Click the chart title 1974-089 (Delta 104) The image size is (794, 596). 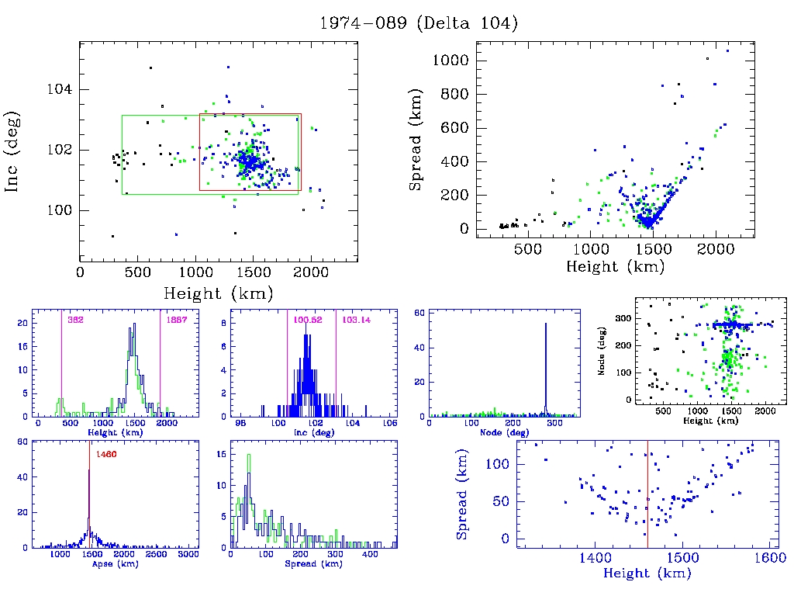click(419, 23)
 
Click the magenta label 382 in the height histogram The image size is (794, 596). click(75, 319)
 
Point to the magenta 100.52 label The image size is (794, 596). click(307, 319)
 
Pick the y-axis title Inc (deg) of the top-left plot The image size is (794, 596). click(13, 151)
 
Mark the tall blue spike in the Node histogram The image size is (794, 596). click(546, 365)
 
